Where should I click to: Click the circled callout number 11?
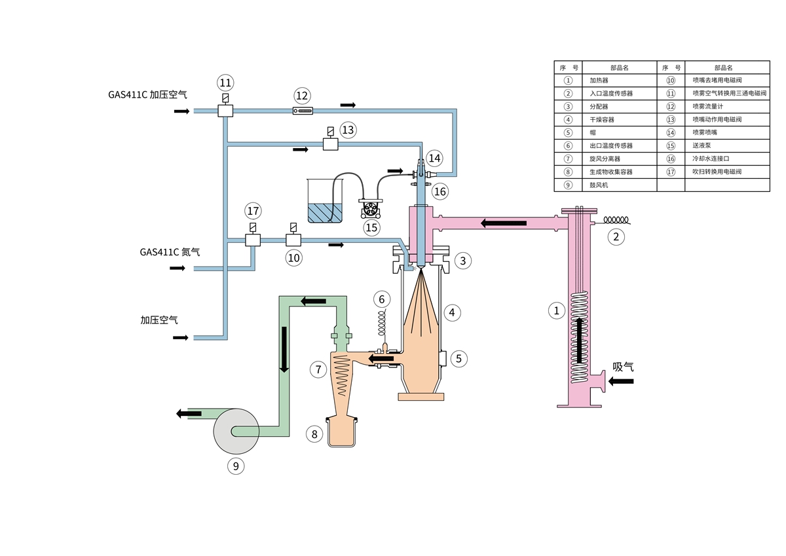click(225, 83)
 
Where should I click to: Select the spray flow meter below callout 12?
click(303, 111)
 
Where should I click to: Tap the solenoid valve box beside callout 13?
click(331, 144)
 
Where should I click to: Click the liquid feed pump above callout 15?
click(370, 208)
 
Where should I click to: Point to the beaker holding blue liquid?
click(325, 200)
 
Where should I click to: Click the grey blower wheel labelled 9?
click(236, 431)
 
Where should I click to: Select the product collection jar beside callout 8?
click(341, 432)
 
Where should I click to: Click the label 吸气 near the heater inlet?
click(623, 367)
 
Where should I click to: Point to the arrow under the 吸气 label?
click(621, 381)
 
